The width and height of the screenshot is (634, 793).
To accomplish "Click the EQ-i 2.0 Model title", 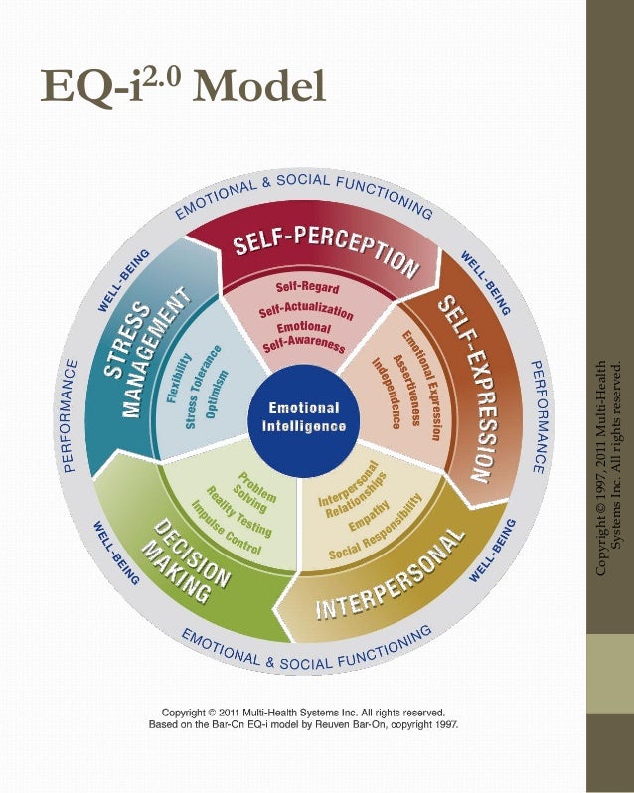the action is pos(184,86).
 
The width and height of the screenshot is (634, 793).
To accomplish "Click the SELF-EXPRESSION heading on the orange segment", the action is pos(468,387).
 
